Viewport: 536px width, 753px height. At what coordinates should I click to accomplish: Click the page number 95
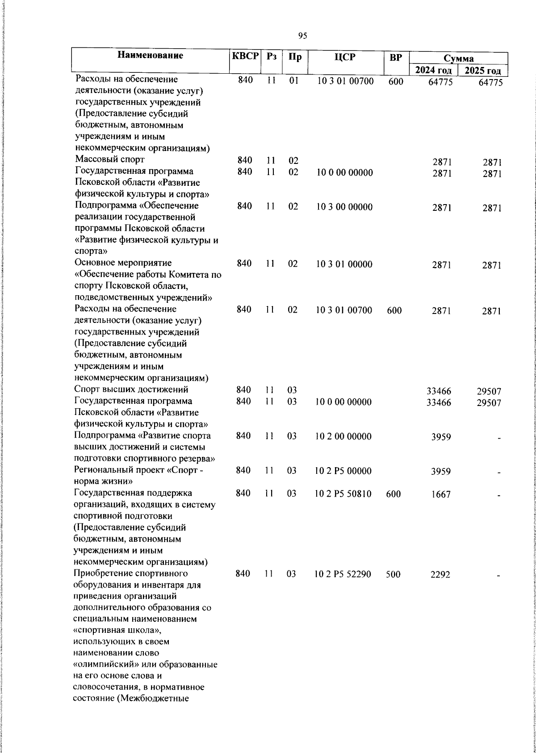point(302,36)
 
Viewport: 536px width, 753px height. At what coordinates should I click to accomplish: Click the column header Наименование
point(151,56)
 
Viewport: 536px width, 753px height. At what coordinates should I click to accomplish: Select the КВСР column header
point(245,57)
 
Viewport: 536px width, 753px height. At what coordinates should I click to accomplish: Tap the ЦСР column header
point(345,57)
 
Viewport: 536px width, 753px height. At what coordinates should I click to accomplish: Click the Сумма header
point(459,59)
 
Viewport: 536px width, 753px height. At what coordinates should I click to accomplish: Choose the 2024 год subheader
point(433,71)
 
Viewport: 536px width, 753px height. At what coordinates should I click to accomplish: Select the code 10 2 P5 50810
point(343,494)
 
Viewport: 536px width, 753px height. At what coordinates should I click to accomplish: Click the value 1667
point(441,494)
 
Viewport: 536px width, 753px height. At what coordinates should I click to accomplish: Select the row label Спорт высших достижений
point(131,389)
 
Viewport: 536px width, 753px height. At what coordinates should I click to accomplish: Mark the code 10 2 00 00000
point(343,436)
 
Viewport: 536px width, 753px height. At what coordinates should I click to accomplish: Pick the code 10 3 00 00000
point(344,207)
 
